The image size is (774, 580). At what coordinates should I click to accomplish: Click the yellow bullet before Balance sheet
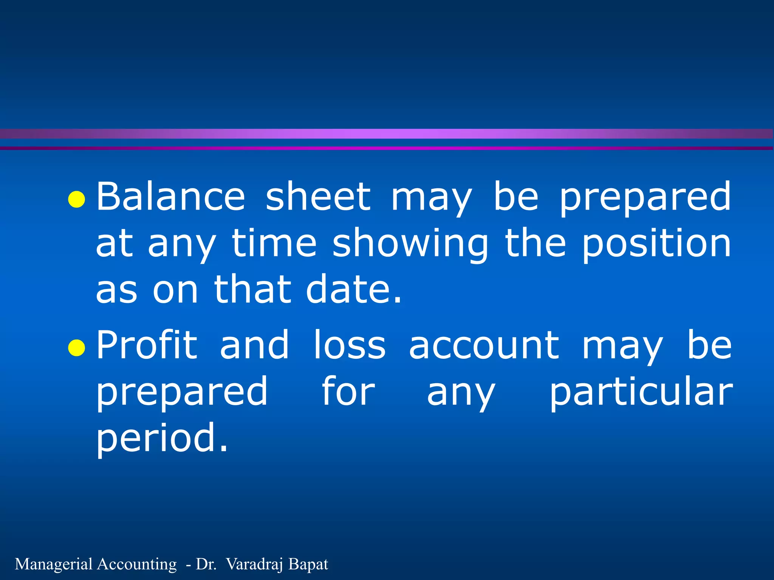pos(76,199)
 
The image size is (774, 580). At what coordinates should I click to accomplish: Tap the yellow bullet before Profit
pos(76,348)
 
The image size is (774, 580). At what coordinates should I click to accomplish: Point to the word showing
pos(410,244)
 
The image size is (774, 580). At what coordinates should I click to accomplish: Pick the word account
pos(484,346)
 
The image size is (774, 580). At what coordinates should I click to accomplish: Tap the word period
pos(162,438)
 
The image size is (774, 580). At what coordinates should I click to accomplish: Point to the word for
pos(348,392)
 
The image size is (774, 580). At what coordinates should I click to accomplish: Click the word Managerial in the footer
pos(54,564)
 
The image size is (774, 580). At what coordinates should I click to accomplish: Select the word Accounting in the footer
pos(137,564)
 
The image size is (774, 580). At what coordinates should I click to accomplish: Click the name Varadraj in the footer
pos(255,564)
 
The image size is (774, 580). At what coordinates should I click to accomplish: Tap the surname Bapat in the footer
pos(308,564)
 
